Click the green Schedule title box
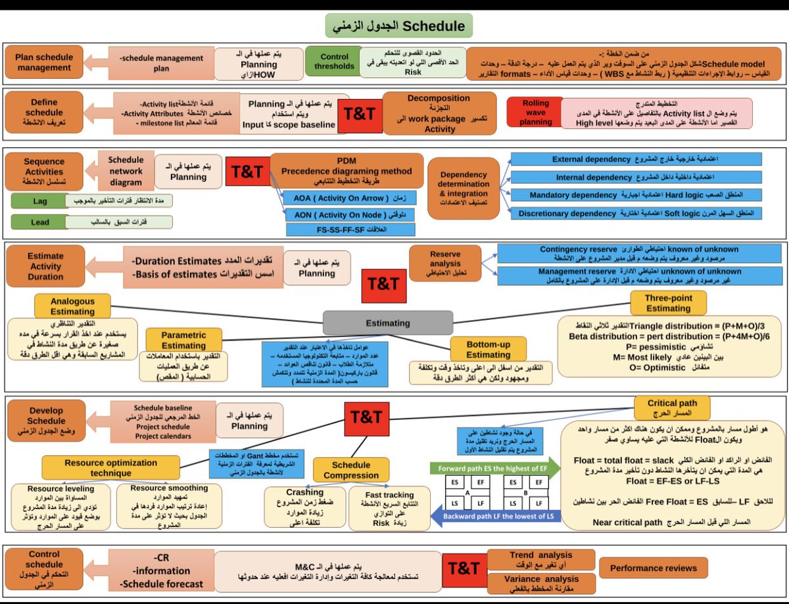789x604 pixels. click(x=399, y=26)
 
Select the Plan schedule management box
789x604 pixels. click(x=44, y=62)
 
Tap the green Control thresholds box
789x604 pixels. click(x=334, y=62)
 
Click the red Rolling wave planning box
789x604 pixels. click(x=536, y=113)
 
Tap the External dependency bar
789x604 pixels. click(x=636, y=159)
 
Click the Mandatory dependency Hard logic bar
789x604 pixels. click(x=636, y=195)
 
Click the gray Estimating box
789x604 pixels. click(x=388, y=323)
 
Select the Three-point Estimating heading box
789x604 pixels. click(x=667, y=303)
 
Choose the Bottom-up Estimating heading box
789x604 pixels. click(x=489, y=348)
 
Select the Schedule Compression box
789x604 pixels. click(x=351, y=469)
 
